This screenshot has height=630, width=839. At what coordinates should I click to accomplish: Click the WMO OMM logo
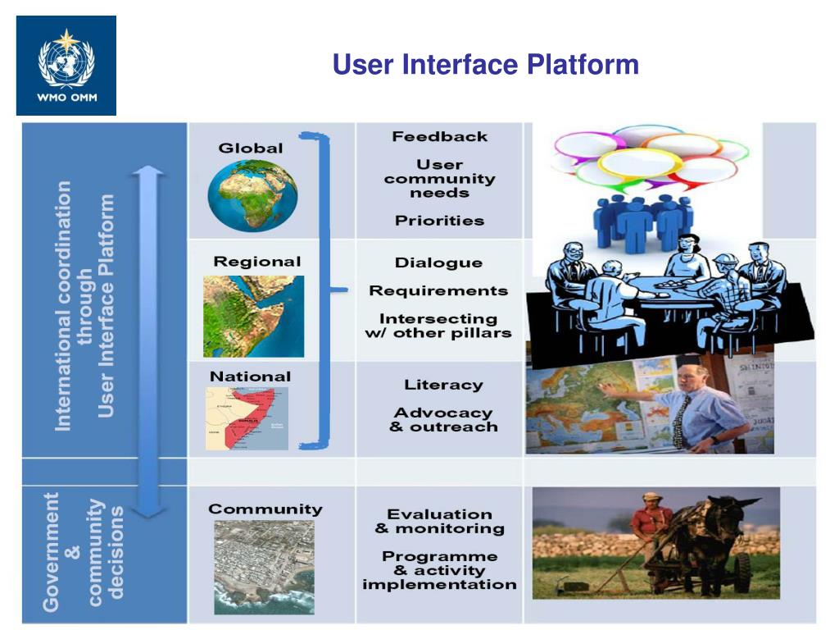coord(66,65)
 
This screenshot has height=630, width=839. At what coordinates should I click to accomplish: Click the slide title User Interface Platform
coord(485,64)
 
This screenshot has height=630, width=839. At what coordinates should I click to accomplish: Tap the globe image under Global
coord(252,195)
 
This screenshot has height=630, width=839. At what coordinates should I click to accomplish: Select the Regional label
coord(257,262)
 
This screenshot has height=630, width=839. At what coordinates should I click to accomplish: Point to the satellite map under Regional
coord(253,316)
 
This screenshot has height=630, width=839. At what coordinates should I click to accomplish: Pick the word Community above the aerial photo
coord(265,509)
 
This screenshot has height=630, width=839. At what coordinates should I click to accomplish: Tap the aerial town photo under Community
coord(264,567)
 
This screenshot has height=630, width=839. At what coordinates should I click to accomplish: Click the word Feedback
coord(439,137)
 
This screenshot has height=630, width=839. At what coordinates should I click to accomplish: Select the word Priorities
coord(439,221)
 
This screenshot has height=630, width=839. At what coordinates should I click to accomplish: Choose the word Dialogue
coord(438,263)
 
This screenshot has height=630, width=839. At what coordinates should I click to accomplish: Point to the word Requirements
coord(438,291)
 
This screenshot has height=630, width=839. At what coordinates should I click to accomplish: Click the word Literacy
coord(443,385)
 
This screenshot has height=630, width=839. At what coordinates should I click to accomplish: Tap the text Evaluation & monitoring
coord(439,522)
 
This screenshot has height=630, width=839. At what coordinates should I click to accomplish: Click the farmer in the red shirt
coord(651,525)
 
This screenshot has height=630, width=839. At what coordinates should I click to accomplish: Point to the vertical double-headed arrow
coord(147,340)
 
